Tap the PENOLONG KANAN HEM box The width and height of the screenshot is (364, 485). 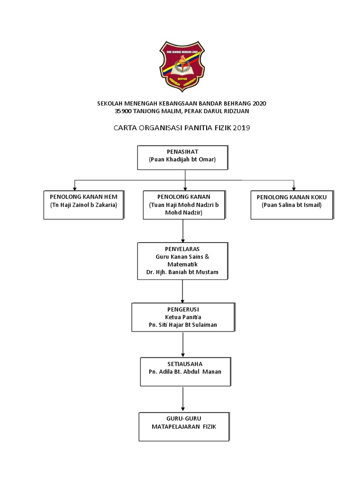[x=83, y=205]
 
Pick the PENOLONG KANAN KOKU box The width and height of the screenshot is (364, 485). [x=291, y=205]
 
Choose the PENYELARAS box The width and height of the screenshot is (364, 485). [x=183, y=261]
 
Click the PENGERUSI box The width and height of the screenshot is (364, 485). [x=183, y=317]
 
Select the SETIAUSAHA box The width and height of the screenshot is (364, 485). [x=185, y=372]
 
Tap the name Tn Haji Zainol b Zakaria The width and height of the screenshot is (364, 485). [x=84, y=205]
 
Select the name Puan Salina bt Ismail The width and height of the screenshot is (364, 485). [x=291, y=205]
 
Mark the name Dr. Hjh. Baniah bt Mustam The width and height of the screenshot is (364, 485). [x=183, y=272]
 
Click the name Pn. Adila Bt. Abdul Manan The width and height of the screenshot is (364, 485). [x=185, y=372]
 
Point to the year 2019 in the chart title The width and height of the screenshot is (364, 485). [x=241, y=128]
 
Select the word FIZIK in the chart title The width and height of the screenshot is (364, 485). [x=220, y=128]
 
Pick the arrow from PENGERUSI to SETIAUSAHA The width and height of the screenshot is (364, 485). [x=183, y=345]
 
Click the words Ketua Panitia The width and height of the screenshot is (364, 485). [x=183, y=317]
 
